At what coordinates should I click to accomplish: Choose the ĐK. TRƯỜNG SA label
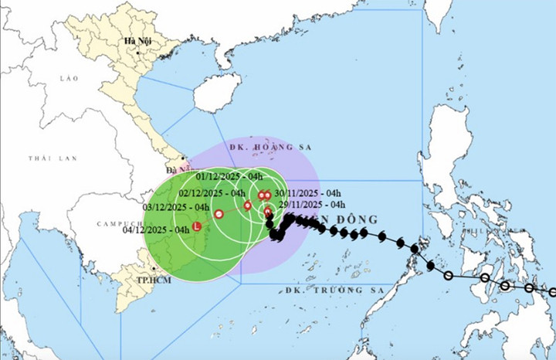coord(325,290)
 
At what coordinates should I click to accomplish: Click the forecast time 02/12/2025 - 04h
coord(212,192)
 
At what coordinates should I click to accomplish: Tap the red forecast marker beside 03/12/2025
coord(219,214)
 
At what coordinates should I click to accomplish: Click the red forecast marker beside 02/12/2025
coord(247,205)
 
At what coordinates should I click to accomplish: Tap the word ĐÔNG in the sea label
coord(359,219)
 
